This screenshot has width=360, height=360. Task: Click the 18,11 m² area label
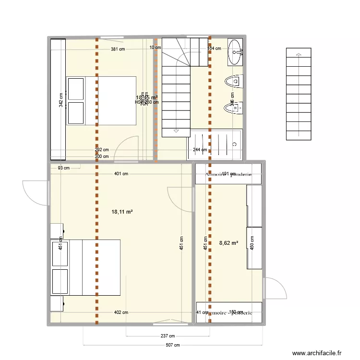point(122,211)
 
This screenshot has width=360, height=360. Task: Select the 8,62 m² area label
point(228,243)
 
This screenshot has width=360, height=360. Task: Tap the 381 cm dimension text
point(118,49)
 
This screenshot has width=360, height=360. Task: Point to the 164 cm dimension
point(214,48)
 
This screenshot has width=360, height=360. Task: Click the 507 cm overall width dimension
point(173,345)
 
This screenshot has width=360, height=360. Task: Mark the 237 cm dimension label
point(168,336)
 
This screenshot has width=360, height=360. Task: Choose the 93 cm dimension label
point(63,168)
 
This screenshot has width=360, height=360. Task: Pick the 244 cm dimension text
point(200,149)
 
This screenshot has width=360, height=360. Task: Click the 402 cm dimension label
point(121,312)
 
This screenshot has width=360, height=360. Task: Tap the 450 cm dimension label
point(253,243)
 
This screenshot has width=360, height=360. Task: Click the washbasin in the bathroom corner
point(236,52)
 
